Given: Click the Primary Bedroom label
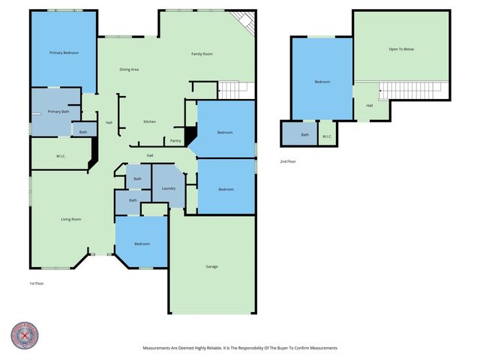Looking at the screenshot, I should point(64,52).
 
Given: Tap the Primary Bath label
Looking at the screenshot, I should point(58,112).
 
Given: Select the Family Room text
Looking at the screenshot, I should point(202,54).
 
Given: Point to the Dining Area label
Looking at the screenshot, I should point(129,70).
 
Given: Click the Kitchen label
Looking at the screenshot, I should point(149,121).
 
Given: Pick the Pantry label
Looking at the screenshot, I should point(175,140).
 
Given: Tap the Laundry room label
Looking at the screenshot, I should point(169,187).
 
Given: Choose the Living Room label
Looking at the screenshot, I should point(71,219).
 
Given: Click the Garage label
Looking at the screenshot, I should point(211,266).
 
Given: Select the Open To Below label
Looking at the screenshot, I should point(400,49).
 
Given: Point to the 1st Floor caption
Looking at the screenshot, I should point(37,283).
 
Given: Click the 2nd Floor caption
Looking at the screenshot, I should point(288,161).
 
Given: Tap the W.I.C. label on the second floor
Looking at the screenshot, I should point(327,136).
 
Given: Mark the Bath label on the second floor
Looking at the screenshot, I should point(304,135).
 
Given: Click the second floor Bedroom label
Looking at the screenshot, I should point(322,82).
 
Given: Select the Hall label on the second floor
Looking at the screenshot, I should point(369,106).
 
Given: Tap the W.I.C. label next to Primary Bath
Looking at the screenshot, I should point(61,157).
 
